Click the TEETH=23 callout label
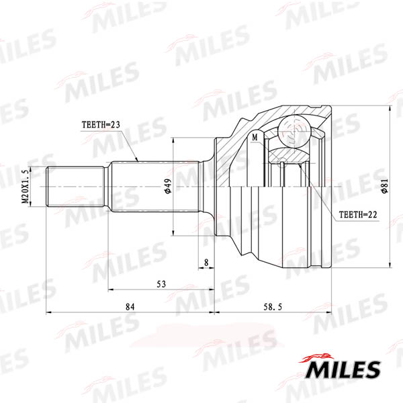coord(101,125)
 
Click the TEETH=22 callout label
coord(358,215)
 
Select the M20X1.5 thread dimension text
coord(26,187)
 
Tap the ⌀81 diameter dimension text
coord(385,186)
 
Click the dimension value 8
coord(206,263)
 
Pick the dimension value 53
coord(161,284)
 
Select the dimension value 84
coord(130,307)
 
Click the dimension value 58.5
coord(273,307)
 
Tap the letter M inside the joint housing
coord(255,138)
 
